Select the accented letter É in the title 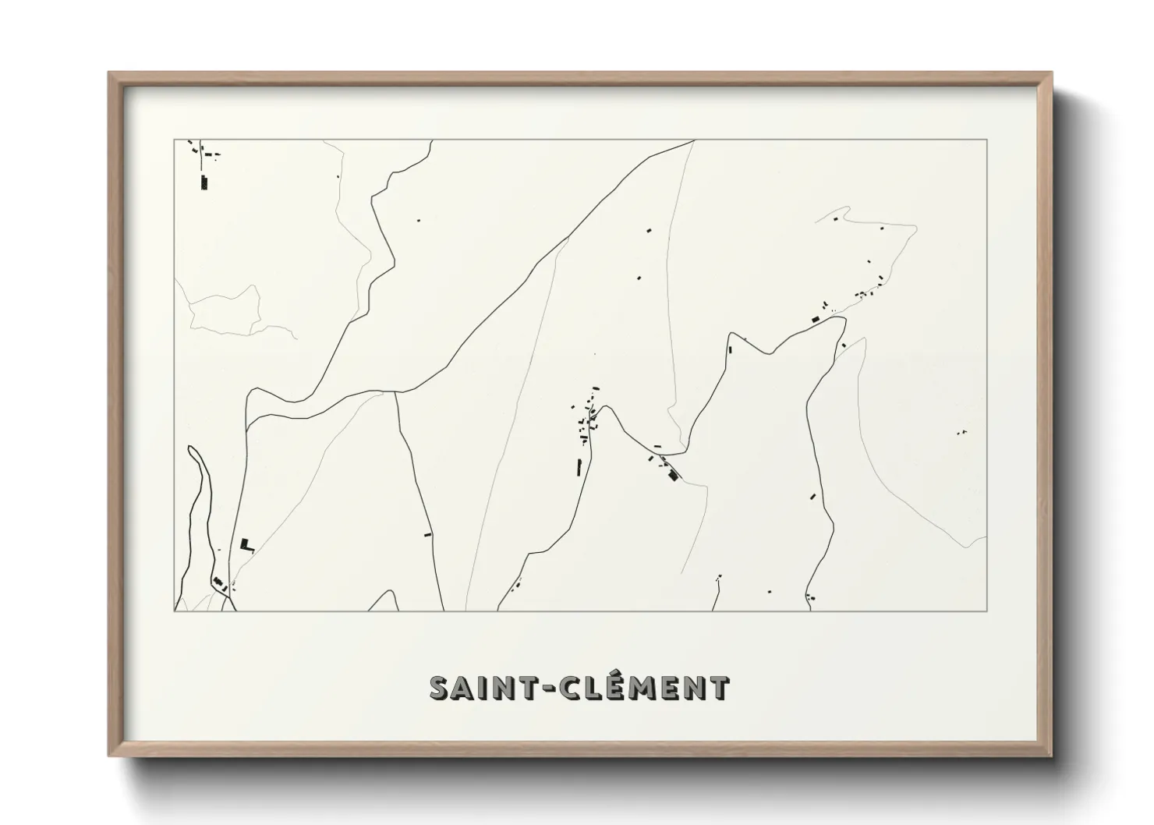click(615, 687)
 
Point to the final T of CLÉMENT click(719, 689)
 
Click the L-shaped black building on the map click(246, 544)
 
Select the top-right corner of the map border click(987, 140)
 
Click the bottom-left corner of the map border click(174, 611)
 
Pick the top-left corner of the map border click(174, 140)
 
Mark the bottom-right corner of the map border click(987, 611)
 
